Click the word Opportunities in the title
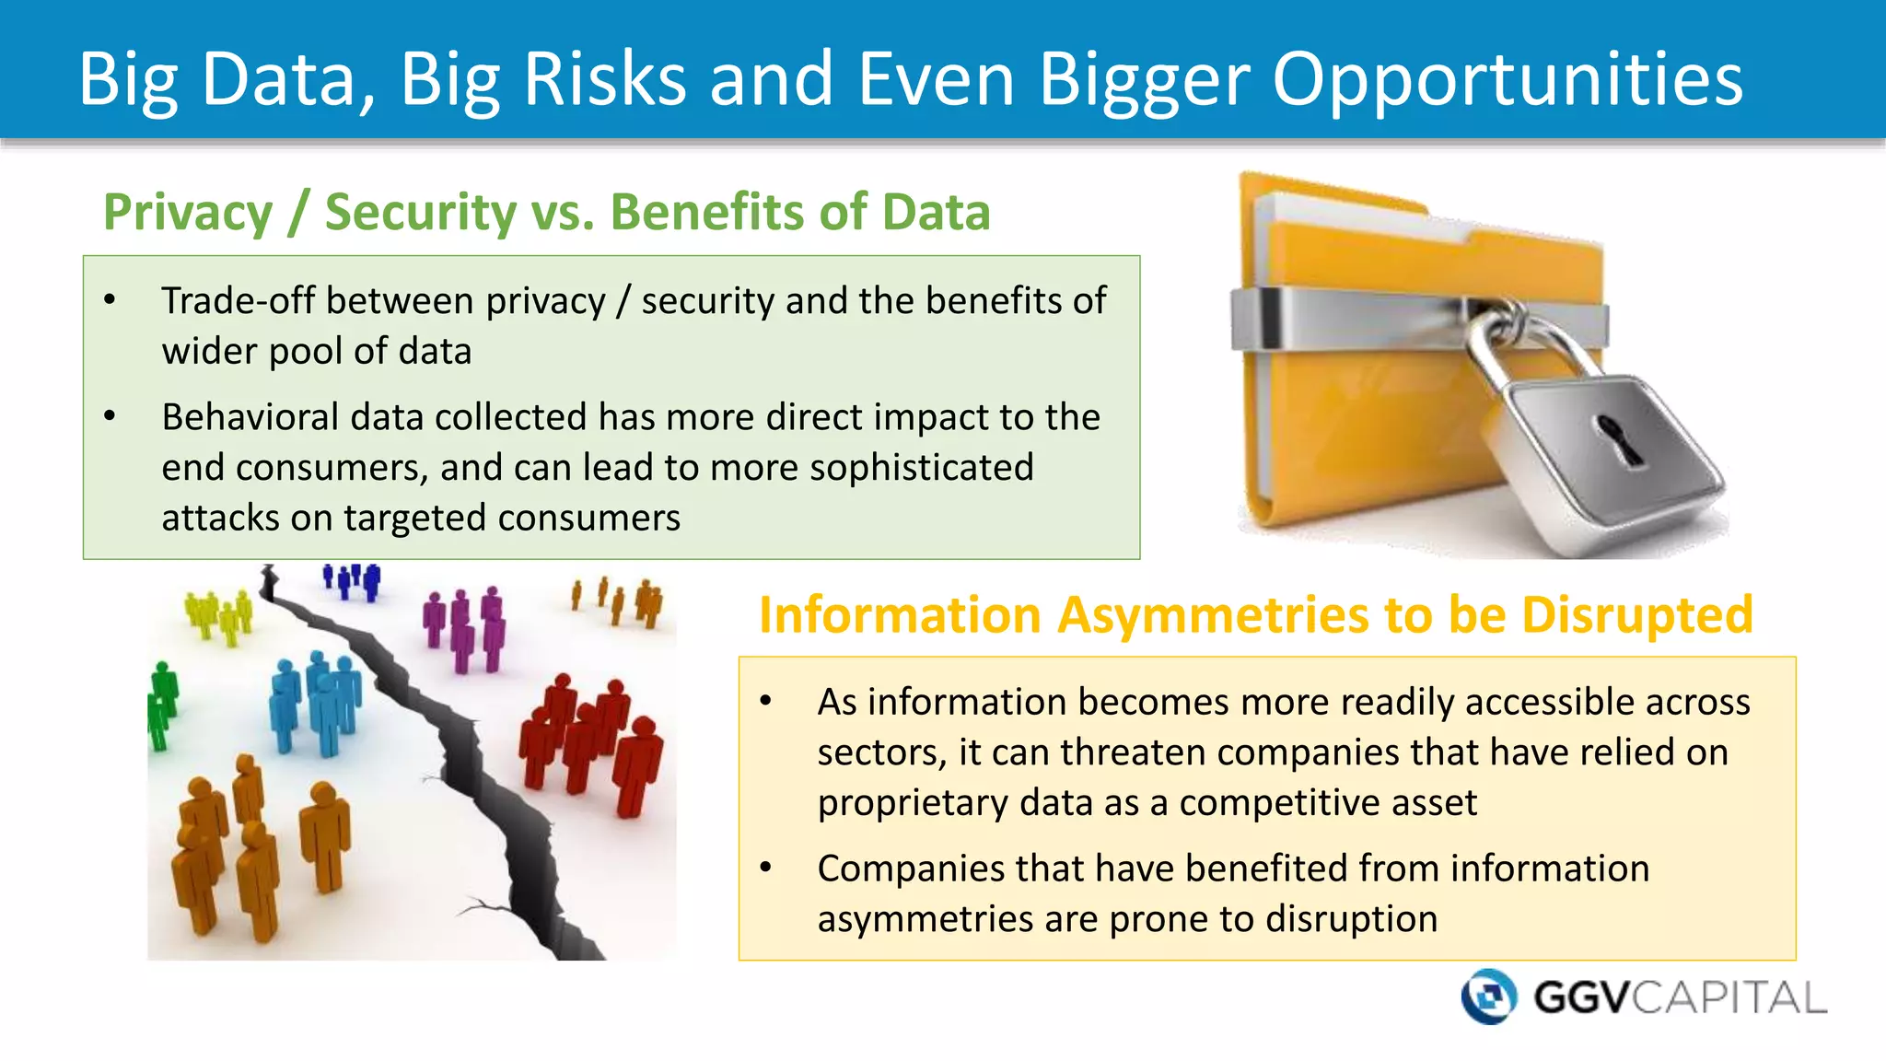[x=1508, y=80]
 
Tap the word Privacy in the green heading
[x=188, y=213]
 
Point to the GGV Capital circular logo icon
[x=1488, y=997]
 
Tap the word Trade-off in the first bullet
[x=239, y=301]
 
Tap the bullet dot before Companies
[x=765, y=868]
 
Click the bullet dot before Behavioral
[x=110, y=416]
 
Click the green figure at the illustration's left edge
[x=161, y=705]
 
